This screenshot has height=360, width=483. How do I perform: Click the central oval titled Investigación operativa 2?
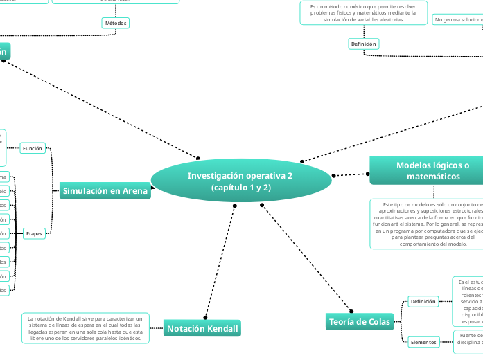(x=240, y=181)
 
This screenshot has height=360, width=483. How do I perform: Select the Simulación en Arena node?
(x=105, y=191)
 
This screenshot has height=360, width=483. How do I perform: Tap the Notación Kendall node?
(x=202, y=329)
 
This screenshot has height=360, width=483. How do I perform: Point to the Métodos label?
(x=116, y=23)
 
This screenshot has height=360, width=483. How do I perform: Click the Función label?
(x=33, y=148)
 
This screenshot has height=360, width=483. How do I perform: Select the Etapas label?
(x=34, y=233)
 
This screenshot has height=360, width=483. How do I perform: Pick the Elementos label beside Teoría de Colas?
(x=423, y=342)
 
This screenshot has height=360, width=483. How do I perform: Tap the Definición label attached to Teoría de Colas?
(x=423, y=301)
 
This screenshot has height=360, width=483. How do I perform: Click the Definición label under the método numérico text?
(x=363, y=44)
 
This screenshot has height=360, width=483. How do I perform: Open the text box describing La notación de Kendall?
(x=85, y=328)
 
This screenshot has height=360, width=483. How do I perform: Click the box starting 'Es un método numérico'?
(x=358, y=12)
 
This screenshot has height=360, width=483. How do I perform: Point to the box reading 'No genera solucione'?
(x=457, y=19)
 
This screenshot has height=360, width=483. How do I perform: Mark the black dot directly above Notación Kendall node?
(x=206, y=316)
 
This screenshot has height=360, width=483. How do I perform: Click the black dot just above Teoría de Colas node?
(x=348, y=309)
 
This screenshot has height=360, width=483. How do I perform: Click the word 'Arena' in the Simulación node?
(x=135, y=191)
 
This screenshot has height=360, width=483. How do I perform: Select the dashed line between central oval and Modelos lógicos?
(x=351, y=174)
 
